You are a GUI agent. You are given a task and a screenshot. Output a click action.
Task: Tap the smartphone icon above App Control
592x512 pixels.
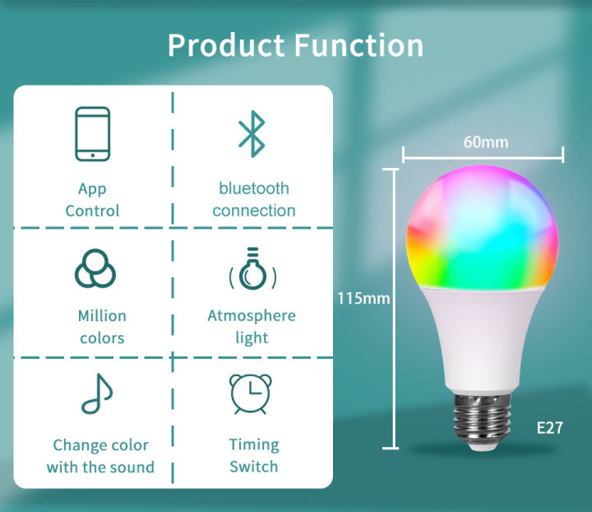click(92, 133)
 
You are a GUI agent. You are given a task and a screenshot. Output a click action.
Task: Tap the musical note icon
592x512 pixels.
click(96, 394)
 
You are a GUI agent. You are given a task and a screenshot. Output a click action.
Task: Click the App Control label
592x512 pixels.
click(92, 200)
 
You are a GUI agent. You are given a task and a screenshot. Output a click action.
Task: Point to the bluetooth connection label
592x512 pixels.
click(253, 199)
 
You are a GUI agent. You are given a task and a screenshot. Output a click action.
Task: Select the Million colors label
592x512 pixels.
click(102, 327)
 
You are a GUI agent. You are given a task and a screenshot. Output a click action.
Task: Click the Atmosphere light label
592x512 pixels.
click(252, 327)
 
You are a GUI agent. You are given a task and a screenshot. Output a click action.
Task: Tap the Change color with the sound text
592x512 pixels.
click(100, 456)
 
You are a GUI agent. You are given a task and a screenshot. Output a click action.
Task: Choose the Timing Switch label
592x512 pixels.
click(253, 455)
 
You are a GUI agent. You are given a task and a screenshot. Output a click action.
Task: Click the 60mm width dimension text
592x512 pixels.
click(485, 142)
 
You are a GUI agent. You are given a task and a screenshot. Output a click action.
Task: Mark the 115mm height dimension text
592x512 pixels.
click(363, 298)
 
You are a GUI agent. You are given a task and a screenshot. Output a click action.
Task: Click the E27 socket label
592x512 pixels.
click(549, 428)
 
